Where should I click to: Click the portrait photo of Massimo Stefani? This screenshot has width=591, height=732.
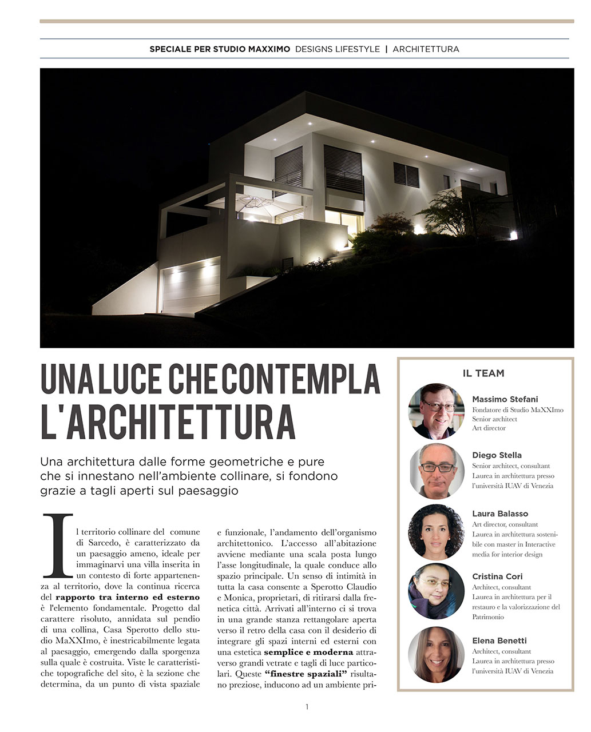pyautogui.click(x=436, y=411)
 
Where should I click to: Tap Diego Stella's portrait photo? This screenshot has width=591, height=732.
pyautogui.click(x=436, y=471)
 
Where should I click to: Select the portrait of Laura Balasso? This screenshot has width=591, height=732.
pyautogui.click(x=436, y=532)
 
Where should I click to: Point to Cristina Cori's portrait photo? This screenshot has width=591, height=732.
pyautogui.click(x=436, y=591)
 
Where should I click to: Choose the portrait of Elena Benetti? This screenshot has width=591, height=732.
pyautogui.click(x=436, y=654)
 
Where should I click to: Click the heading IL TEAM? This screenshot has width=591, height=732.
pyautogui.click(x=483, y=373)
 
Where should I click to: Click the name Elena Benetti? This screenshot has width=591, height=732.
pyautogui.click(x=499, y=640)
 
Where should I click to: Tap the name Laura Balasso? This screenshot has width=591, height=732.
pyautogui.click(x=499, y=514)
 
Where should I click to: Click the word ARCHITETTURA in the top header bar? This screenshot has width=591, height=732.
pyautogui.click(x=426, y=49)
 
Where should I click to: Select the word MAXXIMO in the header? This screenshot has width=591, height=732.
pyautogui.click(x=269, y=49)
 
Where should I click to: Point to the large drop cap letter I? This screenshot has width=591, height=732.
pyautogui.click(x=58, y=545)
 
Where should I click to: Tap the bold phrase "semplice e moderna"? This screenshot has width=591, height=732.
pyautogui.click(x=308, y=652)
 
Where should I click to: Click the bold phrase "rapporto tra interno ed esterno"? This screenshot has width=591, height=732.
pyautogui.click(x=128, y=597)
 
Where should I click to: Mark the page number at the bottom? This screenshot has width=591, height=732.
pyautogui.click(x=307, y=707)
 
